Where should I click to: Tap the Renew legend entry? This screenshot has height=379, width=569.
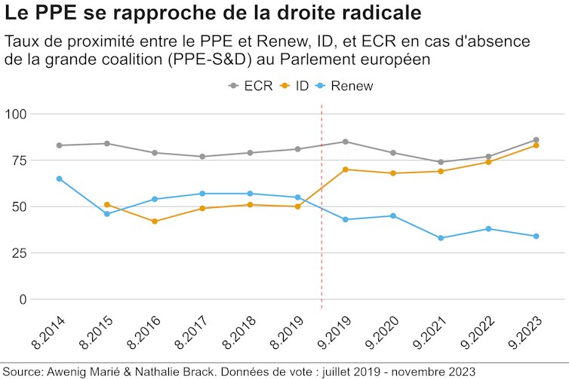pos(343,86)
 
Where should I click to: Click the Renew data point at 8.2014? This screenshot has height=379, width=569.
pos(59,179)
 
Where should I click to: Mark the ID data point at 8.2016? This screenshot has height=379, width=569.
pos(155,222)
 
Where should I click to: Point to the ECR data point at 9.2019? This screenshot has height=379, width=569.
pos(345,142)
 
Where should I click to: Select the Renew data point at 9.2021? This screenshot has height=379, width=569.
pos(441,238)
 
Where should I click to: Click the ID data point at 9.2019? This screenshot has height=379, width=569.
pos(345,170)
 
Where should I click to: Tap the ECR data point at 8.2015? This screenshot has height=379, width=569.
pos(107,143)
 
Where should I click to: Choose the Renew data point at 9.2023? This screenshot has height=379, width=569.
pos(536,236)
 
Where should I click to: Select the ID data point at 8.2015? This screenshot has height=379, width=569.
pos(107,204)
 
